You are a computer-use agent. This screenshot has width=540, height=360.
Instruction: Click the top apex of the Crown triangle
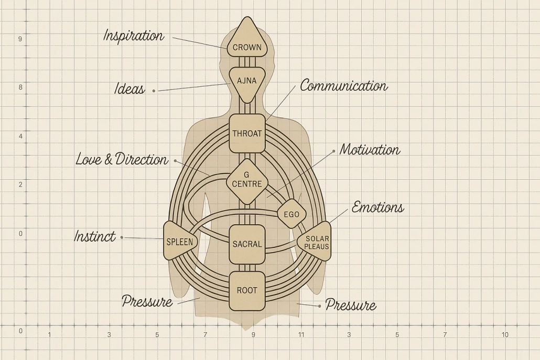(x=246, y=17)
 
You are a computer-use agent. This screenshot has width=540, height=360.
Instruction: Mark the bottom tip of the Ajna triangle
(x=247, y=103)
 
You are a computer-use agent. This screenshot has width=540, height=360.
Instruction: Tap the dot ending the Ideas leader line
(x=154, y=91)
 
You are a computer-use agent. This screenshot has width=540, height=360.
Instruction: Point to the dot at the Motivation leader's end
(x=333, y=151)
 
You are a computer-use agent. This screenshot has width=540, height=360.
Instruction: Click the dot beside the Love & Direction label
(x=175, y=161)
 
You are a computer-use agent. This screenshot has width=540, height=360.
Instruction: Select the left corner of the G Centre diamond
(x=226, y=181)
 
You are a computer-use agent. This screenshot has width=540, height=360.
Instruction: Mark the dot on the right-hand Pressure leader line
(x=320, y=306)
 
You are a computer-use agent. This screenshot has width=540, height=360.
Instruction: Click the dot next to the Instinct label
(x=122, y=237)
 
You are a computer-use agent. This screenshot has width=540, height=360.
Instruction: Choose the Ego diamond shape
(x=291, y=214)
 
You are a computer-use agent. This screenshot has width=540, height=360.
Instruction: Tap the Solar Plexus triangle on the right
(x=315, y=241)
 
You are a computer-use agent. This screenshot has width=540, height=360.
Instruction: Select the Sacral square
(x=247, y=244)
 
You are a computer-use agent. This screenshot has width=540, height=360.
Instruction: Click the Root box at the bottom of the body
(x=247, y=291)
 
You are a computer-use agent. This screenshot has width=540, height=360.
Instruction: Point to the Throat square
(x=247, y=134)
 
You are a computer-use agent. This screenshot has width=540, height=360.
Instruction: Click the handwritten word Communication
(x=344, y=86)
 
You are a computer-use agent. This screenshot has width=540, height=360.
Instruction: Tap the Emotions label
(x=378, y=207)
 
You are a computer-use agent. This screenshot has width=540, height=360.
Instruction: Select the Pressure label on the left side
(x=147, y=301)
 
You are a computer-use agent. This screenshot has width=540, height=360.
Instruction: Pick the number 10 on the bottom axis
(x=505, y=334)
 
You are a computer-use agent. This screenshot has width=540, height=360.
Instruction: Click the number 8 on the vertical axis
(x=20, y=88)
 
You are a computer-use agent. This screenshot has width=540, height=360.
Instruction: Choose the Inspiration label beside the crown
(x=134, y=36)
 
